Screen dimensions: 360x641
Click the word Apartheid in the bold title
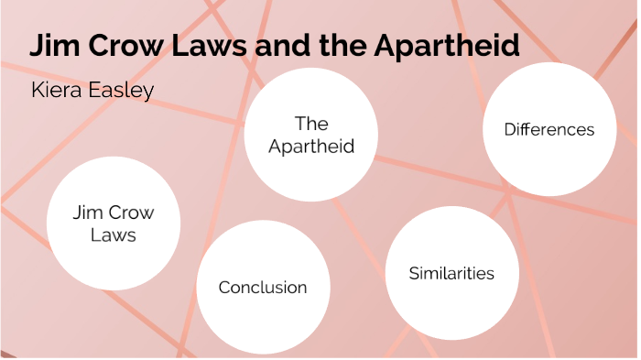tap(448, 46)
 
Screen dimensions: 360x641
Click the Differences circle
tap(549, 129)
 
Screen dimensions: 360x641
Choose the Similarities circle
tap(451, 272)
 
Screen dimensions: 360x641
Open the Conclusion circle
tap(263, 288)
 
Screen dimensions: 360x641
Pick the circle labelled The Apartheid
tap(311, 134)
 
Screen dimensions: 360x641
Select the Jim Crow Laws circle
tap(114, 224)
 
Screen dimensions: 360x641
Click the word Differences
tap(549, 129)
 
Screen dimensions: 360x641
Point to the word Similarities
tap(451, 273)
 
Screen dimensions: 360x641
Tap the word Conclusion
tap(263, 288)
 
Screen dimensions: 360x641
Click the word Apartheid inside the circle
tap(311, 147)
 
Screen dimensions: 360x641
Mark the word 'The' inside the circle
tap(311, 123)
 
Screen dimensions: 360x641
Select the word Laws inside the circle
tap(114, 235)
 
